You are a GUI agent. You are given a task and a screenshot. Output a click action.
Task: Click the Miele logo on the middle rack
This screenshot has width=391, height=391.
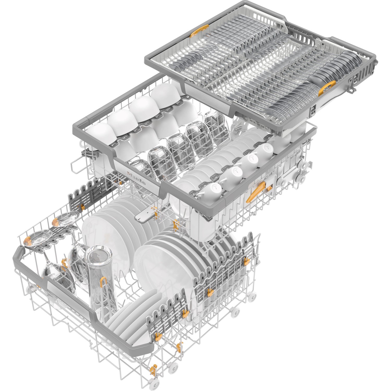(x=136, y=179)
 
